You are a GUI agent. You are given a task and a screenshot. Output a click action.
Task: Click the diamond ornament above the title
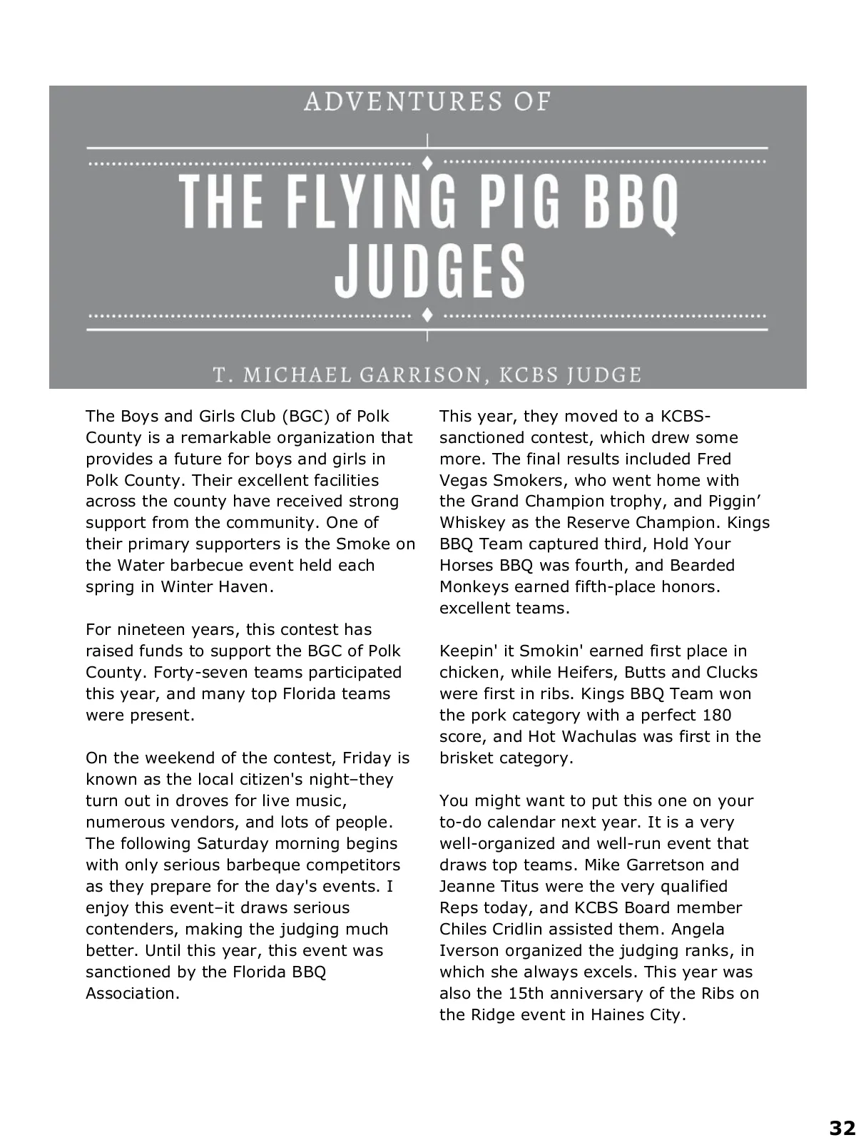[x=427, y=162]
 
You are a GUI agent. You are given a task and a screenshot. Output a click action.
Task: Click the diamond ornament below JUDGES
[x=427, y=315]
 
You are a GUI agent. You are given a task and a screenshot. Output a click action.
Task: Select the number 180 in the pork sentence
[x=717, y=715]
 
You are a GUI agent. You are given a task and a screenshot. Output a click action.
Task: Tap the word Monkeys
[x=474, y=586]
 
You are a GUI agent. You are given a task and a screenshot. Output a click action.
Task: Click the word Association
[x=133, y=993]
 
